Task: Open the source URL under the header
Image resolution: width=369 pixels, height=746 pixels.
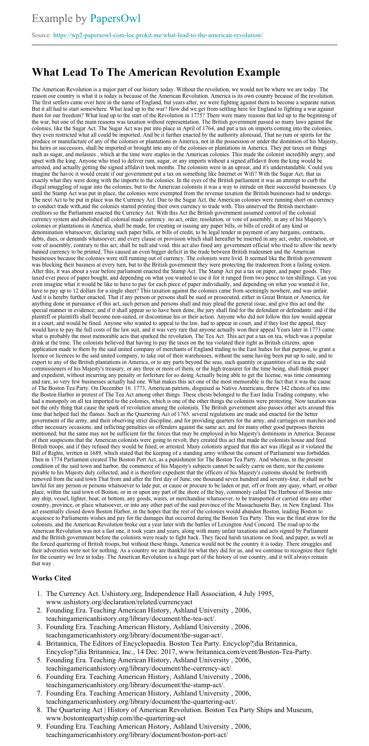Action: [157, 35]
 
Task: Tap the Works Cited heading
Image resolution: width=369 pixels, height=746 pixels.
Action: [51, 578]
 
